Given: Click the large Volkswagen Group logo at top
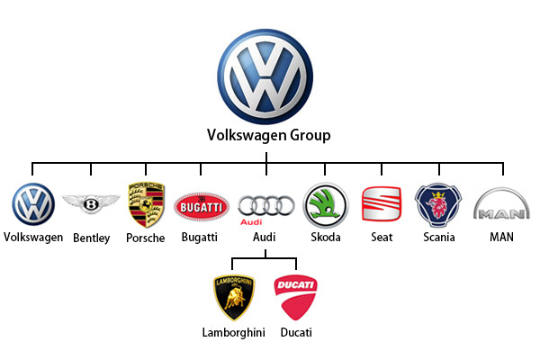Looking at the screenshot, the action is (265, 76).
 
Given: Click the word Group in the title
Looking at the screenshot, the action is (310, 135).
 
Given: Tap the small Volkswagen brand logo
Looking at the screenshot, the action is (33, 204).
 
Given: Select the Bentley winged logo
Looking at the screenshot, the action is (91, 203).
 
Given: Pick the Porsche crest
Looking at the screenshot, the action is (147, 204).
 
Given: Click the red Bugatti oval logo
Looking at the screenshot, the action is (202, 207).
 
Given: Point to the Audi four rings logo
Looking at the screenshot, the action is (265, 206).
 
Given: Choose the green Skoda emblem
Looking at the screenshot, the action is (326, 206).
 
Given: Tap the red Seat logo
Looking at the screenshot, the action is (382, 203).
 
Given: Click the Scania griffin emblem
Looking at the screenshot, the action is (438, 205).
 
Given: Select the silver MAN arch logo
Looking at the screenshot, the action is (502, 203).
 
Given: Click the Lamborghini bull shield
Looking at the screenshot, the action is (234, 298).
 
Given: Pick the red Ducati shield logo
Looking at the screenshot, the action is (295, 297).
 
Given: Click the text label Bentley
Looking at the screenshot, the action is (92, 238).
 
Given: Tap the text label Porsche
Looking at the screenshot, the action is (145, 238).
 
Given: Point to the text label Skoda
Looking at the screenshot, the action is (326, 237).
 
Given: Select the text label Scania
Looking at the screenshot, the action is (439, 237).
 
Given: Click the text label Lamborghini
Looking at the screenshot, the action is (234, 333).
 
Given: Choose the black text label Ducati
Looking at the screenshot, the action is (296, 332).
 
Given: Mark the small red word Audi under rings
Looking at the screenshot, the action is (251, 222).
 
